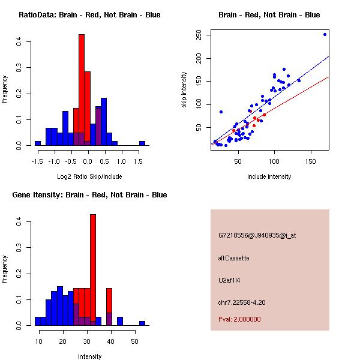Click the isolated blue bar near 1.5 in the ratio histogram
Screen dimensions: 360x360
pos(142,143)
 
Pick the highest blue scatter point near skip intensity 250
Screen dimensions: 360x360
pos(325,34)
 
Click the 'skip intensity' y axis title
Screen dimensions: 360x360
pos(184,90)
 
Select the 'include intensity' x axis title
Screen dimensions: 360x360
pos(269,176)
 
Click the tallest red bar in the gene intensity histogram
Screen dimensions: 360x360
pos(93,270)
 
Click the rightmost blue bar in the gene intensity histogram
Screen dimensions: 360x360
pos(142,323)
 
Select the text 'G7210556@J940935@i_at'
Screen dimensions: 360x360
pos(257,235)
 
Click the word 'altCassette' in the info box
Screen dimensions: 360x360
pos(233,258)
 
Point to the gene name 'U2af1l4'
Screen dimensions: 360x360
pos(229,280)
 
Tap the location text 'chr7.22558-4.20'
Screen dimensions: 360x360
pos(242,302)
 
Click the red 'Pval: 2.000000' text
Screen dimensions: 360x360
pos(239,319)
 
